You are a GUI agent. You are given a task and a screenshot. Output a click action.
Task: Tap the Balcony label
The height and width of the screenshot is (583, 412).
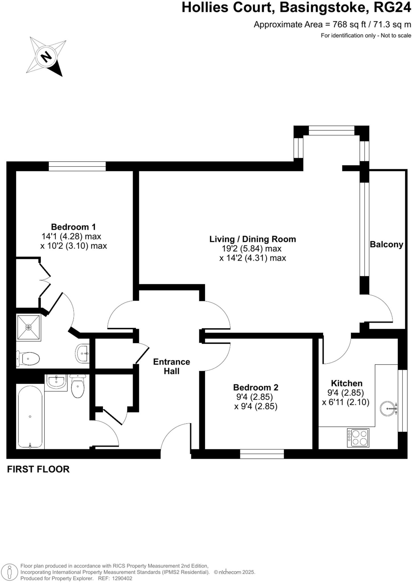[386, 245]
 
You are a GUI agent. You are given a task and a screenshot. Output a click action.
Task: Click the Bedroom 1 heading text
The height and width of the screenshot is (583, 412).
[73, 227]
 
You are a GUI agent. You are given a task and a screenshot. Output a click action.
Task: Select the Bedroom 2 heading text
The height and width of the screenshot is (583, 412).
[256, 387]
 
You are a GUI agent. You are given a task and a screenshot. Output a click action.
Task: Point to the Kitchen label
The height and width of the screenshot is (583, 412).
[347, 383]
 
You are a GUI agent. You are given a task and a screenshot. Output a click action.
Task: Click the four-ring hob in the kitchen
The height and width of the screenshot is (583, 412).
[358, 438]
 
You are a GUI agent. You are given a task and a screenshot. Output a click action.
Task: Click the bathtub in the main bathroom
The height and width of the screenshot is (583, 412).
[30, 416]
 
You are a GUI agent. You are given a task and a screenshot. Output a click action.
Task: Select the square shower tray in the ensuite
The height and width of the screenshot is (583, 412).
[28, 327]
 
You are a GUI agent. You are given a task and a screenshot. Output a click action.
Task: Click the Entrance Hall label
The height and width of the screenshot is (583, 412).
[171, 366]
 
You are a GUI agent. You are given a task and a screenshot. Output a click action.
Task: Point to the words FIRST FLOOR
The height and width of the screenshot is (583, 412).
[38, 469]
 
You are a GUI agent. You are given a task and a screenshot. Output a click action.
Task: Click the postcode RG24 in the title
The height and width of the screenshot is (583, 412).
[392, 7]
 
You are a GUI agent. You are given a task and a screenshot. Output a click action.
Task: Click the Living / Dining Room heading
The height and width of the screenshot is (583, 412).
[253, 239]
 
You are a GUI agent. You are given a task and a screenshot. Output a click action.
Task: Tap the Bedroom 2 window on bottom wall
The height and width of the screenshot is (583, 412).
[262, 454]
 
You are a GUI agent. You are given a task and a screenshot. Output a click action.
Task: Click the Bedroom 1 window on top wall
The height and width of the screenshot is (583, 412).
[77, 166]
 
